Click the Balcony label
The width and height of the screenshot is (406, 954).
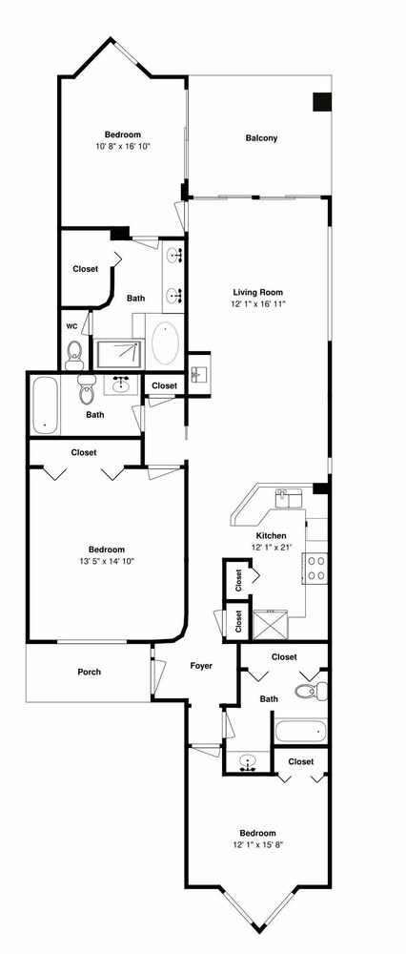coord(261,138)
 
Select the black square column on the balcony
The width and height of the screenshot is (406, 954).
coord(322,102)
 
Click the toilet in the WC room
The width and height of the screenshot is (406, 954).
coord(74,355)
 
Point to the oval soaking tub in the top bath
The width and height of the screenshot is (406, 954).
coord(165,343)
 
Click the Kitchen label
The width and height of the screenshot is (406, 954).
coord(271,536)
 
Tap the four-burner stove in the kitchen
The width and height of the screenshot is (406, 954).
coord(315,569)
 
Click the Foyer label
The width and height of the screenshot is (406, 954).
coord(201,666)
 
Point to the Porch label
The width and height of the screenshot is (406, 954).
coord(89,673)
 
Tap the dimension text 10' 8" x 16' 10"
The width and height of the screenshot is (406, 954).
coord(123,146)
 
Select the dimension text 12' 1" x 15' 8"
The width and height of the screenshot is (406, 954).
coord(257,844)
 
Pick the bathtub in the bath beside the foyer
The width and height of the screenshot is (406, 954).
coord(301,730)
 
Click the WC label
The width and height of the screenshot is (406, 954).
coord(71,326)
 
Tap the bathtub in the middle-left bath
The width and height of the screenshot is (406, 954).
coord(45,405)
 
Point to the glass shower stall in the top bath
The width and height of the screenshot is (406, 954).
coord(119,354)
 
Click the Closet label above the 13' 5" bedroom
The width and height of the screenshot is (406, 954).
coord(83,452)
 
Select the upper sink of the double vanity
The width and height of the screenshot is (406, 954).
coord(173,255)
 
